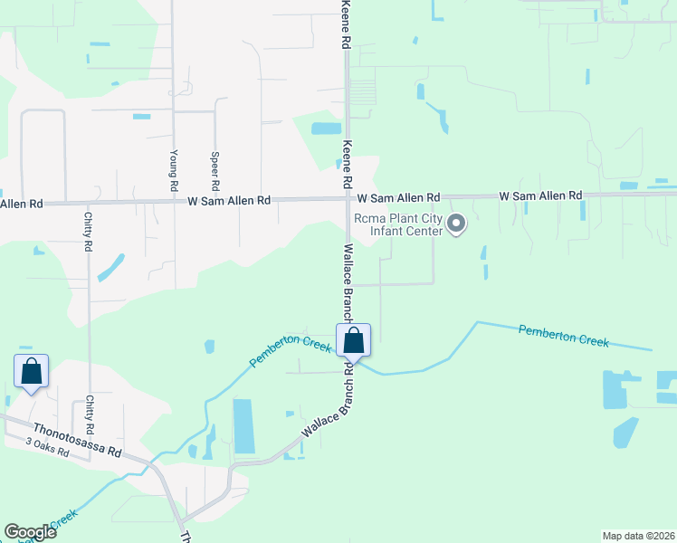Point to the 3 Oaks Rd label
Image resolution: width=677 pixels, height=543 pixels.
point(47,447)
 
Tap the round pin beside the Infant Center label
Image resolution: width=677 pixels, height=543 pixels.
point(457,223)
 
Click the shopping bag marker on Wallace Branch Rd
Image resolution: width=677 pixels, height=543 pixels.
point(354,342)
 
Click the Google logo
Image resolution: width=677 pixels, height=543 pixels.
point(30,532)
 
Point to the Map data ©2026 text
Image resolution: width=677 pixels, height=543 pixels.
point(638,536)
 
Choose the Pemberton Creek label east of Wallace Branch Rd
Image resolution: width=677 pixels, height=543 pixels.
point(563,336)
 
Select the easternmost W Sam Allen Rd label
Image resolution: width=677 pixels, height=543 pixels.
point(541,195)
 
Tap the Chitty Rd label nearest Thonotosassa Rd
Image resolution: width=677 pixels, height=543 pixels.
point(90,414)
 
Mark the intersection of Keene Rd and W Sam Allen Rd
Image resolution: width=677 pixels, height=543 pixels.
point(348,197)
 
